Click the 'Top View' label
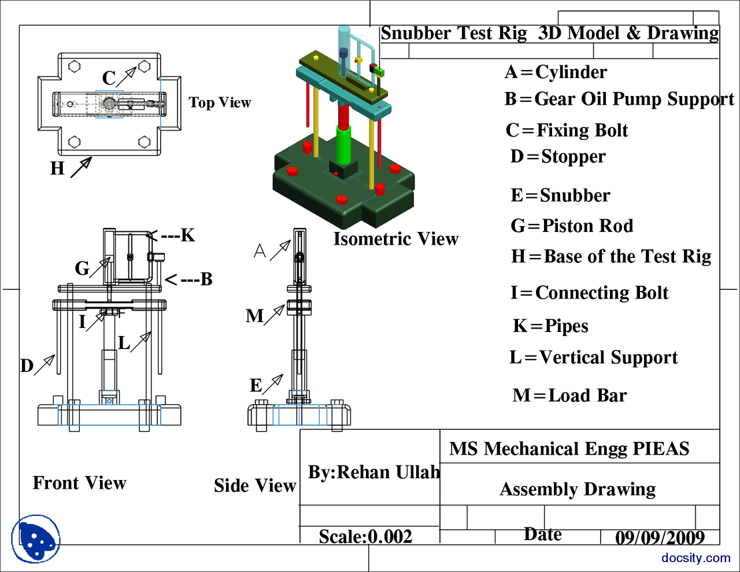tap(220, 103)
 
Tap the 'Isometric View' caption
tap(395, 239)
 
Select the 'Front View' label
tap(79, 483)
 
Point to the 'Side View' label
tap(255, 486)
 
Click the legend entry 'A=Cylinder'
tap(556, 72)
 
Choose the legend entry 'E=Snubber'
tap(560, 195)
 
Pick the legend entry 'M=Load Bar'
tap(569, 396)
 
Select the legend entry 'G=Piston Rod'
tap(572, 226)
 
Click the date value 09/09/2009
tap(660, 538)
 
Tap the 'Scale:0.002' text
tap(365, 537)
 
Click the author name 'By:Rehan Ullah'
tap(373, 473)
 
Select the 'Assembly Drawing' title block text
tap(578, 489)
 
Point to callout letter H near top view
tap(57, 168)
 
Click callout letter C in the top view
tap(109, 78)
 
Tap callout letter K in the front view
tap(187, 235)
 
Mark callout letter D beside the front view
tap(27, 366)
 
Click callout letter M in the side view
tap(254, 316)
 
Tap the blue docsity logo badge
tap(36, 539)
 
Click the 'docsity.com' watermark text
tap(696, 558)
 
